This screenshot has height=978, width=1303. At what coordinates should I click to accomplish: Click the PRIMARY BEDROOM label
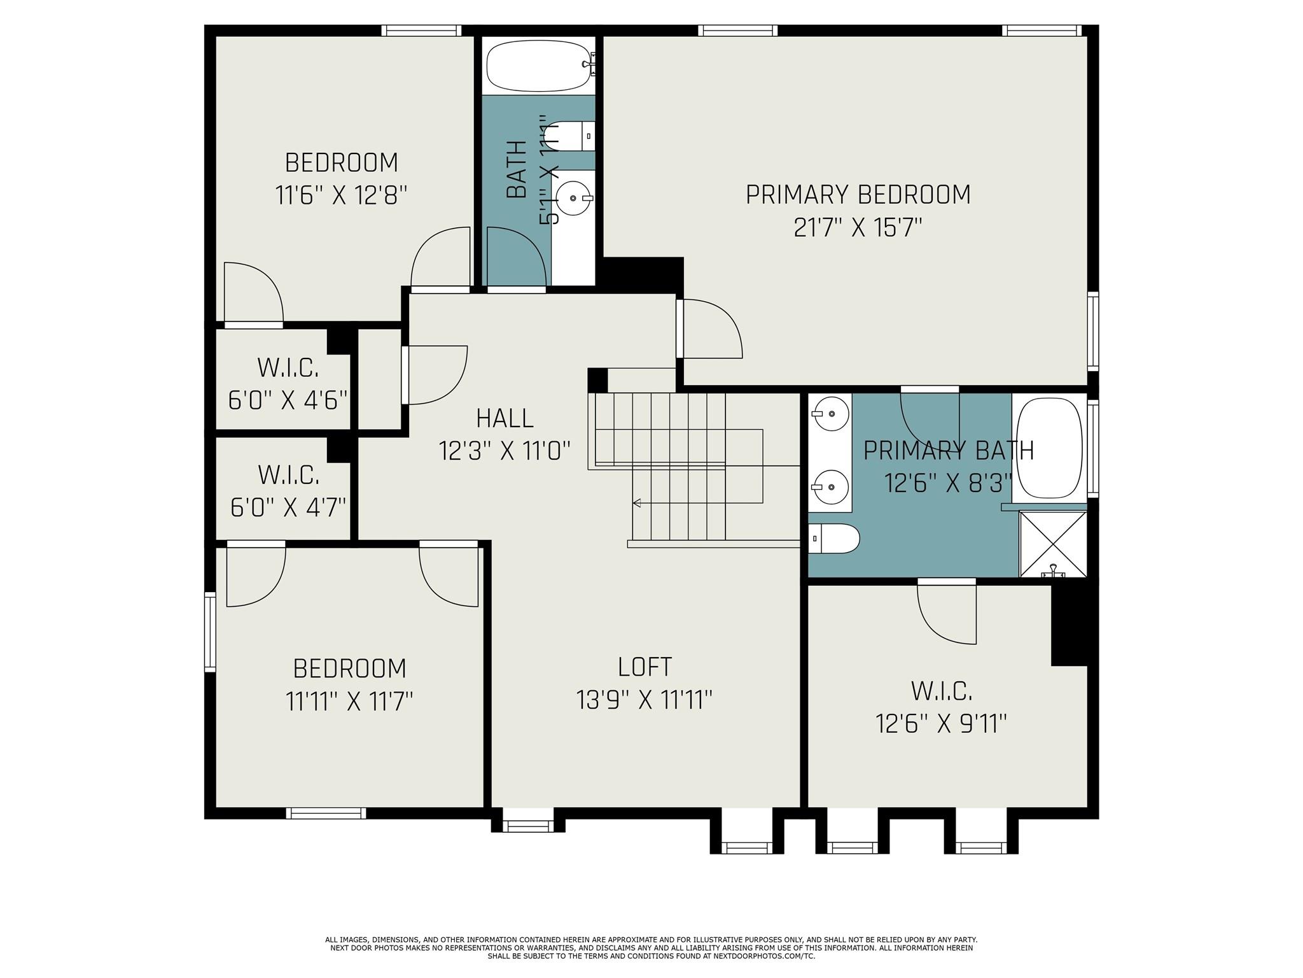pos(858,195)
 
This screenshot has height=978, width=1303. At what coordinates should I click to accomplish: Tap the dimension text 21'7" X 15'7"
pos(858,228)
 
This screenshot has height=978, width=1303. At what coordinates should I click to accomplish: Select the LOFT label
pos(645,667)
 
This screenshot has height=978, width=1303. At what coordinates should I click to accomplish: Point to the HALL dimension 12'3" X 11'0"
pos(504,451)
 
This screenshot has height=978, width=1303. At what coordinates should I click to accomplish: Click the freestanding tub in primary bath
pos(1049,448)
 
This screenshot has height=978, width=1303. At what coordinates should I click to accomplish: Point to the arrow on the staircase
pos(637,504)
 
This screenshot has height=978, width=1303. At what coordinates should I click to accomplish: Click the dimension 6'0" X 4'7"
pos(288,508)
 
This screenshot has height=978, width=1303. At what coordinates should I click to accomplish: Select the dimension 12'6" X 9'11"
pos(941,724)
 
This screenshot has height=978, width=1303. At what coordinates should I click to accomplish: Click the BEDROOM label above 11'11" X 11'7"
pos(349,669)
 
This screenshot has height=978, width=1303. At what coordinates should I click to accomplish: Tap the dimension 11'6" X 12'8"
pos(341,195)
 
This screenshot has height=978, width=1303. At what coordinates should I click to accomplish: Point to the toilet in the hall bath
pos(571,136)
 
